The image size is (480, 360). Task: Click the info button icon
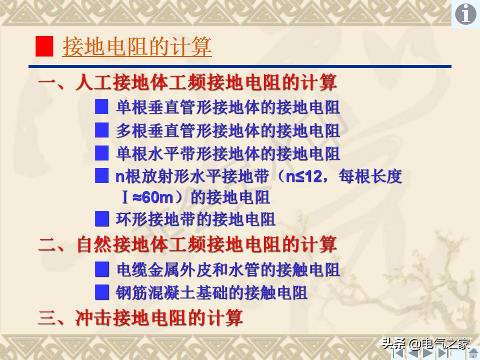coord(465,14)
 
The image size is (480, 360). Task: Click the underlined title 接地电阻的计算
coord(137,47)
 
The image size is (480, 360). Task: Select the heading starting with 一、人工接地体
coord(187,82)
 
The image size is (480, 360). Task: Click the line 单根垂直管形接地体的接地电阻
coord(228,107)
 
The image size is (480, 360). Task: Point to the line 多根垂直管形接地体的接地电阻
coord(228,131)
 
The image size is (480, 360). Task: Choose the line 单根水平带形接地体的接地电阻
coord(228,153)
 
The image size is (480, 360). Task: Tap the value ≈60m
coord(152,197)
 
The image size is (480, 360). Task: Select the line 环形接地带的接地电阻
coord(195,219)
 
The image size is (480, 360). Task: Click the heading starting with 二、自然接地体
coord(187,245)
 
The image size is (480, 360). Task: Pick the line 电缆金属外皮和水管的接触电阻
coord(228,270)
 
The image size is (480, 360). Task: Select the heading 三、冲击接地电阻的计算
coord(140,318)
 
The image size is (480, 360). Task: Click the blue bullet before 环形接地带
coord(102,218)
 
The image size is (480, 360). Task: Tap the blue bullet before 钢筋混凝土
coord(102,291)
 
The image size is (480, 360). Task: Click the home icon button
coord(473,353)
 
